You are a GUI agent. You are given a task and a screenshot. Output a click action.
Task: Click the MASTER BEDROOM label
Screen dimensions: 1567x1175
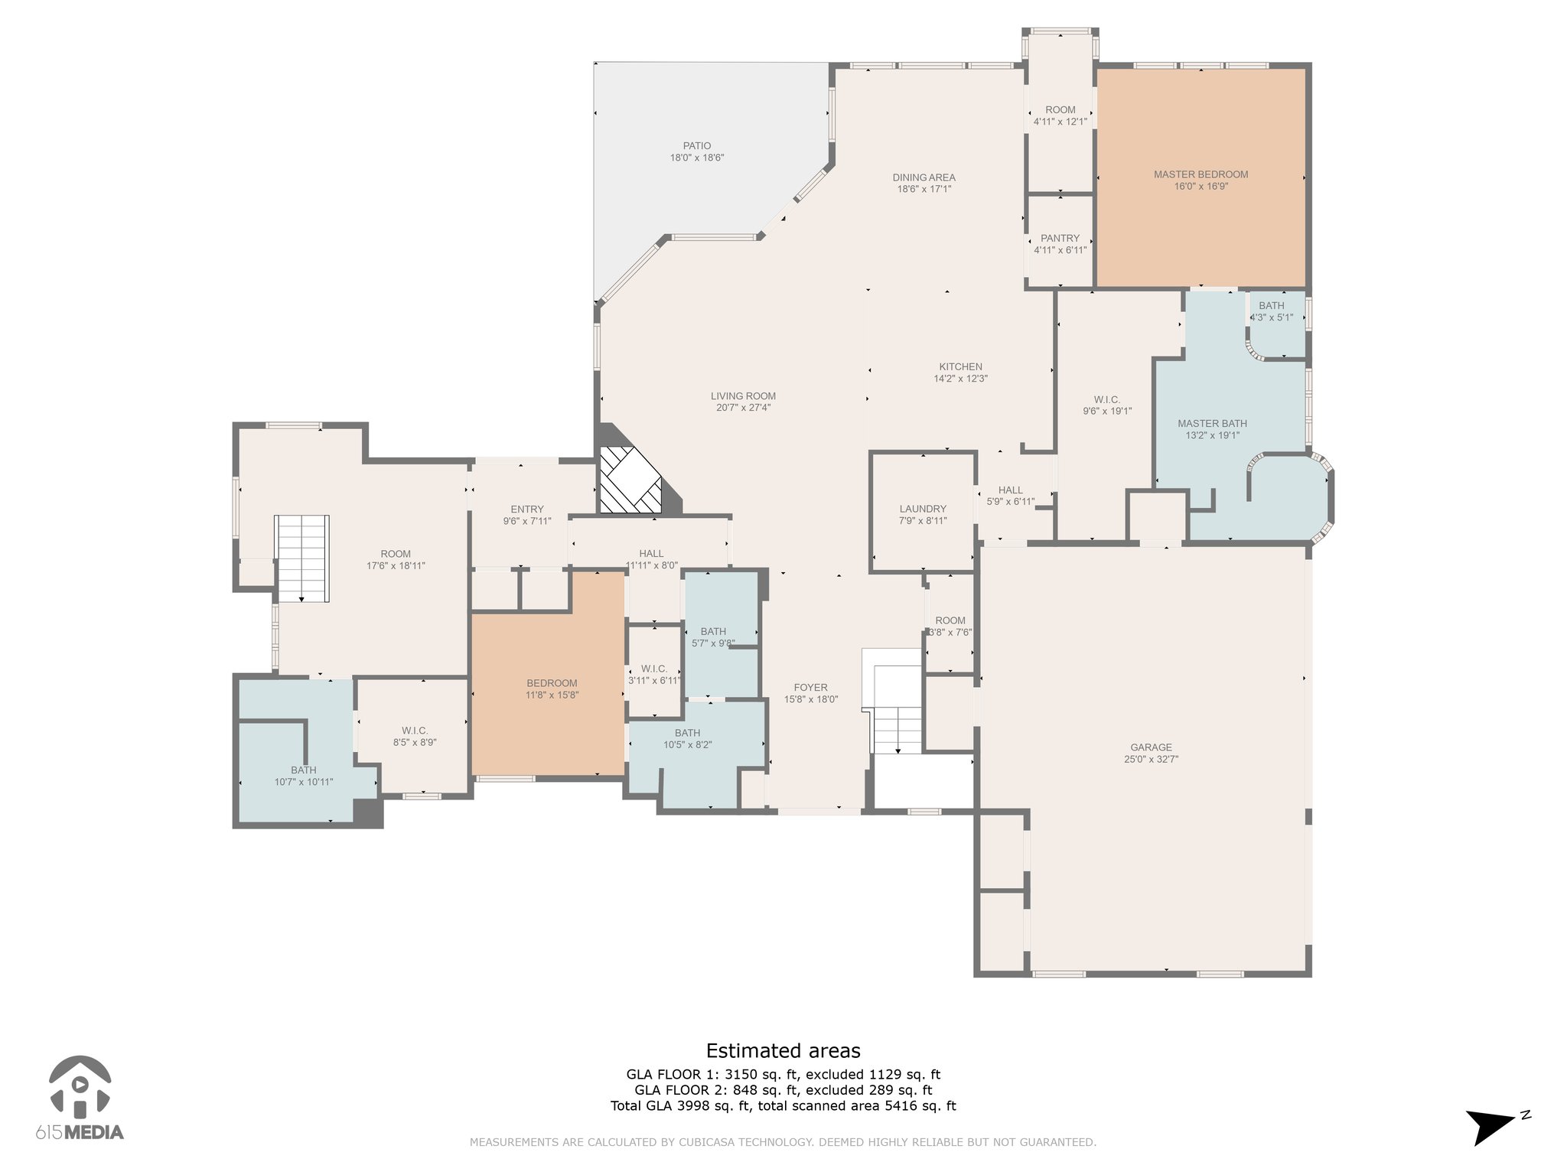point(1200,174)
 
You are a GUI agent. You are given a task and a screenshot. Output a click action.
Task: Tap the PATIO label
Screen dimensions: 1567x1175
point(697,146)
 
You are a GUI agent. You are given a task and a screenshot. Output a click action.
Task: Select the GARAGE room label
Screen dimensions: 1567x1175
point(1151,747)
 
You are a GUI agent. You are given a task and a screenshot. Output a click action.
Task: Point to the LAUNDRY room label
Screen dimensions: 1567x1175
point(923,509)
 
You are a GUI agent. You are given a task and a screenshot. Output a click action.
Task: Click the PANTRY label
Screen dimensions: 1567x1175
point(1060,238)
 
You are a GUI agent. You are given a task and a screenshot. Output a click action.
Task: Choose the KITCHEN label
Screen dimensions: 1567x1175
point(960,366)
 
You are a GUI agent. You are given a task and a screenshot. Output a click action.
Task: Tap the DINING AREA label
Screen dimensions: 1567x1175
point(924,177)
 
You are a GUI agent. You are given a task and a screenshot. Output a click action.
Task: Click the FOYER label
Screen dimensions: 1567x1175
point(810,688)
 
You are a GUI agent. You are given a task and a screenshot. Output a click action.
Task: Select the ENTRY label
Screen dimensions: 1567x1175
point(527,509)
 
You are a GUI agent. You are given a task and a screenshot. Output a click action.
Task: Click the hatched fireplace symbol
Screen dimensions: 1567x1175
point(630,480)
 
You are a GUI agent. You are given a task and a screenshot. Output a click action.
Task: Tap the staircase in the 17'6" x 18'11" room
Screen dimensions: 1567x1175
point(303,558)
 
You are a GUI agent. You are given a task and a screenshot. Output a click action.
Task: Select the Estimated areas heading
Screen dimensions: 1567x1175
point(783,1050)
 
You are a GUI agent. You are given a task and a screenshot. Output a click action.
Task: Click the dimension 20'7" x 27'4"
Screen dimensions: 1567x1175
point(743,408)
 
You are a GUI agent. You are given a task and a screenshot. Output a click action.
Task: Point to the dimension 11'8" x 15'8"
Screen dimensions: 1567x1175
point(552,695)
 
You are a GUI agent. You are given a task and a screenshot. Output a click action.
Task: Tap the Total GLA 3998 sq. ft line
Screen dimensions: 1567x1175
point(783,1105)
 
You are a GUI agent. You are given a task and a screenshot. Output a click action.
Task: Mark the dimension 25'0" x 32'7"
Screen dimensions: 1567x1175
point(1151,760)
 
